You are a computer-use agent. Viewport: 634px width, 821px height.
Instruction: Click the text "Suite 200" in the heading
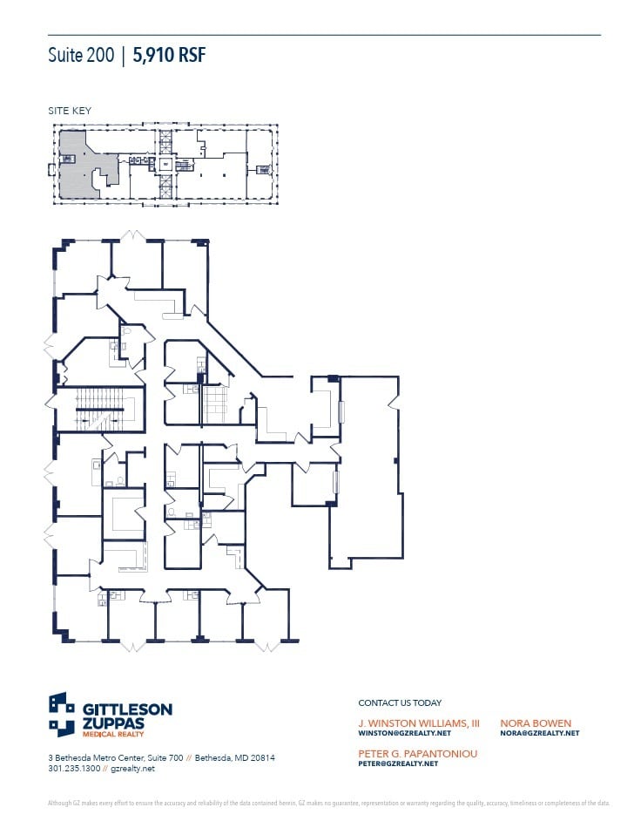pos(80,57)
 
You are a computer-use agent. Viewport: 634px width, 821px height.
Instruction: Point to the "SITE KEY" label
pos(69,111)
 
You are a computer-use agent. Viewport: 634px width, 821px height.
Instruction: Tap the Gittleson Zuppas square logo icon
pos(62,714)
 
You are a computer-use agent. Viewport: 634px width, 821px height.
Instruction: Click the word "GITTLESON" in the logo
pos(128,709)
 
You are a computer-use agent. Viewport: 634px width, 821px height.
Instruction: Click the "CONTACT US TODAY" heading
pos(400,702)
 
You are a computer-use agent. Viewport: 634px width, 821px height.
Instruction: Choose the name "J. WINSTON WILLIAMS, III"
pos(419,723)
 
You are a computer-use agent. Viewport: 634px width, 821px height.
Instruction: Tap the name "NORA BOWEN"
pos(536,723)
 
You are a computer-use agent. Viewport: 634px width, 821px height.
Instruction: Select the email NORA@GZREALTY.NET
pos(539,734)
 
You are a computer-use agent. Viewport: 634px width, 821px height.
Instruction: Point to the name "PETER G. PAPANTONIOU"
pos(417,753)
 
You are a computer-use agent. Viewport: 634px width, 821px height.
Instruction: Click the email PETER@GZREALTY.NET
pos(398,763)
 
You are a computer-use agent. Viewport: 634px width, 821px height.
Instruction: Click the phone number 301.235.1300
pos(72,769)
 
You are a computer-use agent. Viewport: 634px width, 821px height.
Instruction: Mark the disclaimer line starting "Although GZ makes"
pos(328,803)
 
